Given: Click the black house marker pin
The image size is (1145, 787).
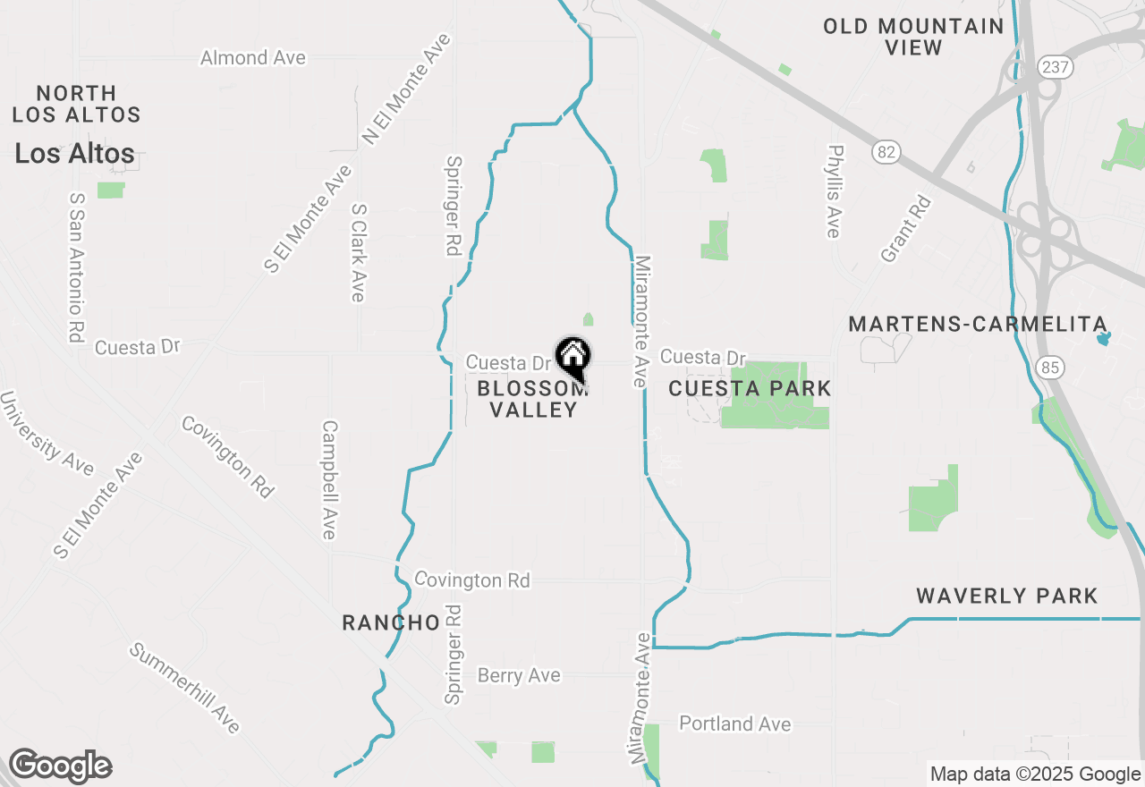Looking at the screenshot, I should [x=572, y=358].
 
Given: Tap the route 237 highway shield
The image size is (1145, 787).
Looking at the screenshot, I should [x=1049, y=66].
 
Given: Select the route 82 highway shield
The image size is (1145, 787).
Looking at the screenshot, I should [x=886, y=152].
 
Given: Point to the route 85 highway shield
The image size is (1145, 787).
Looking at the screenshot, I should [x=1048, y=365].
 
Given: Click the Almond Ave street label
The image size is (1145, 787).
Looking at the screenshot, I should [x=253, y=58].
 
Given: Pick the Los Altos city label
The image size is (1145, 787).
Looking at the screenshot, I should [x=75, y=154].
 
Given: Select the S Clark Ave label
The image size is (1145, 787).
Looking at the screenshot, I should [x=359, y=252].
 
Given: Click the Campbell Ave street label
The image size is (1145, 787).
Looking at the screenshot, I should [x=329, y=480].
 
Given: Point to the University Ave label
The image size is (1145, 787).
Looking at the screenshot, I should [x=47, y=433].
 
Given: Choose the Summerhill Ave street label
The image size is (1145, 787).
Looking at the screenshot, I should [x=185, y=687].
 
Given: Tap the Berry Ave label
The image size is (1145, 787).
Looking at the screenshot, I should [x=519, y=675].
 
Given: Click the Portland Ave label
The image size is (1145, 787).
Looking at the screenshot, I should [x=735, y=724].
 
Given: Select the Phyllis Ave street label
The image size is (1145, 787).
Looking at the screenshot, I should [x=835, y=192].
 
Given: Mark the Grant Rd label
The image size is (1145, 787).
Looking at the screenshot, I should [x=906, y=229].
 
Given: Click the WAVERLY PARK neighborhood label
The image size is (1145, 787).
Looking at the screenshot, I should [x=1007, y=596].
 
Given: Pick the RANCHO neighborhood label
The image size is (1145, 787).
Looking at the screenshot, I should [x=391, y=622].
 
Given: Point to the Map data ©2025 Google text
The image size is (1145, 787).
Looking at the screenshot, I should [x=1035, y=774].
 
